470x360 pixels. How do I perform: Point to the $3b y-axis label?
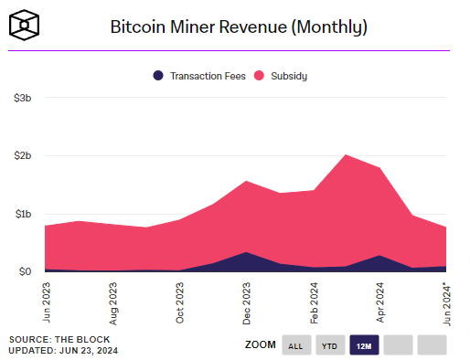23,97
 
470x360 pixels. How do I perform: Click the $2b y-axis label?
23,155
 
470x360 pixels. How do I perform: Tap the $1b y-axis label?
23,214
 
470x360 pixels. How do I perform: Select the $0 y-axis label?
26,271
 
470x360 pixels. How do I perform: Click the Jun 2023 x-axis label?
46,302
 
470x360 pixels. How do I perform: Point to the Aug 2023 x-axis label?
112,302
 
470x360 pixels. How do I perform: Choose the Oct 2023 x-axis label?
179,302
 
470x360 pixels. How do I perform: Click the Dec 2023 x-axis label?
246,302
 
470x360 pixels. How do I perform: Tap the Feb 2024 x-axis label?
313,302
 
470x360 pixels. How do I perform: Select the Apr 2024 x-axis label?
379,302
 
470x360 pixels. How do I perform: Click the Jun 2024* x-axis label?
445,302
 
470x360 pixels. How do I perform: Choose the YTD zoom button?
330,345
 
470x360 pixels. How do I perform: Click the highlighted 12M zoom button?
364,345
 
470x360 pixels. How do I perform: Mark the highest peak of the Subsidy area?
346,154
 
